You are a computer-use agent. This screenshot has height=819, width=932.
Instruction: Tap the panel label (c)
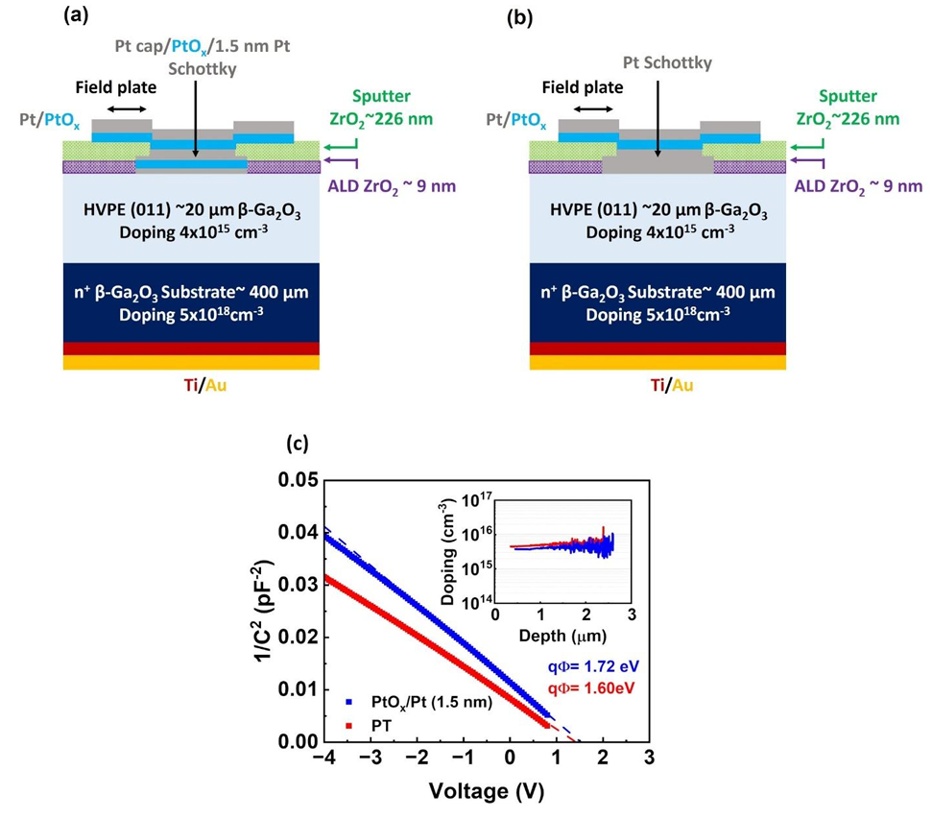(x=299, y=446)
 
